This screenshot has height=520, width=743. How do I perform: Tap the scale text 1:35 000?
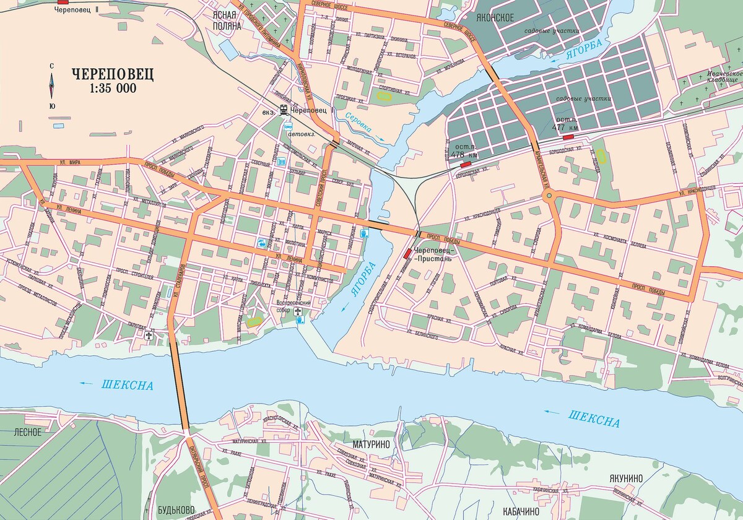click(113, 89)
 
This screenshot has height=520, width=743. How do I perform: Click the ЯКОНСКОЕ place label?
click(495, 17)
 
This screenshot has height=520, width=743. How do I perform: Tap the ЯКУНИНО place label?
click(626, 478)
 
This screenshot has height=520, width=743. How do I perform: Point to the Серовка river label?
click(358, 123)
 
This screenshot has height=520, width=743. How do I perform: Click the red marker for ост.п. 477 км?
click(568, 137)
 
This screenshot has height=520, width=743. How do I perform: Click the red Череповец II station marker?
click(63, 2)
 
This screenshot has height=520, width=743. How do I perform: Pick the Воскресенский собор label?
click(292, 306)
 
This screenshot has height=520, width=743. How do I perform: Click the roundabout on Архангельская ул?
click(548, 197)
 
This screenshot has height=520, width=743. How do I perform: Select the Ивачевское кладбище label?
click(723, 77)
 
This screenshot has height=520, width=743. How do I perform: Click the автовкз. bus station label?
click(303, 133)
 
